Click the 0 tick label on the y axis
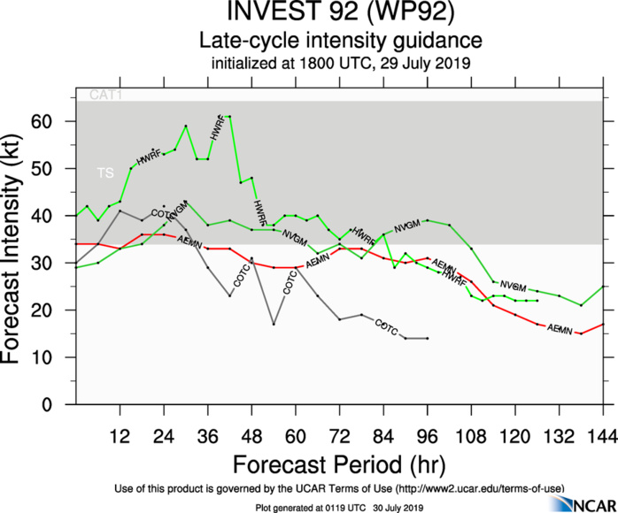[x=61, y=405]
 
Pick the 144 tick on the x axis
[x=603, y=436]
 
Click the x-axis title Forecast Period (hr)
[x=340, y=464]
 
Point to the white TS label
[x=105, y=174]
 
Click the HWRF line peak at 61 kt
[x=230, y=116]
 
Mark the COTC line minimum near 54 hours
[x=274, y=324]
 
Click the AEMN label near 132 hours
[x=560, y=328]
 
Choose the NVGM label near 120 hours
[x=514, y=287]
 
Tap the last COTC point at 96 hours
[x=428, y=338]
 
